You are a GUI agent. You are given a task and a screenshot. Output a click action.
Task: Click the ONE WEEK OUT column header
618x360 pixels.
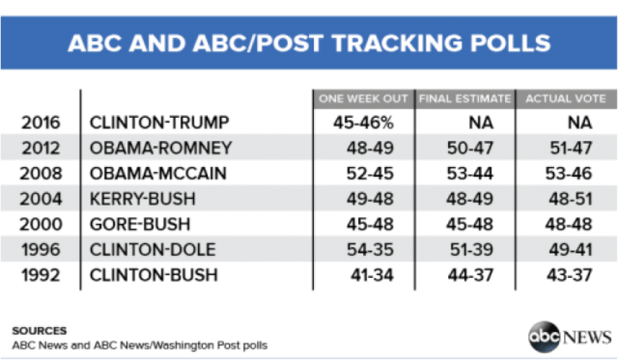[363, 98]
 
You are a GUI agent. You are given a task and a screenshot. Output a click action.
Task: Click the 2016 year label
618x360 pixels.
[40, 124]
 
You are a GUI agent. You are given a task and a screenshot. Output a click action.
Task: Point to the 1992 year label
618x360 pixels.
[40, 276]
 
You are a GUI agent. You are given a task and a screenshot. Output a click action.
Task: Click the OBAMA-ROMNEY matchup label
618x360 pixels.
[160, 149]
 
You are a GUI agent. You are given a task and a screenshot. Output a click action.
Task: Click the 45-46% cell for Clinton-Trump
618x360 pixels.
[372, 124]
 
